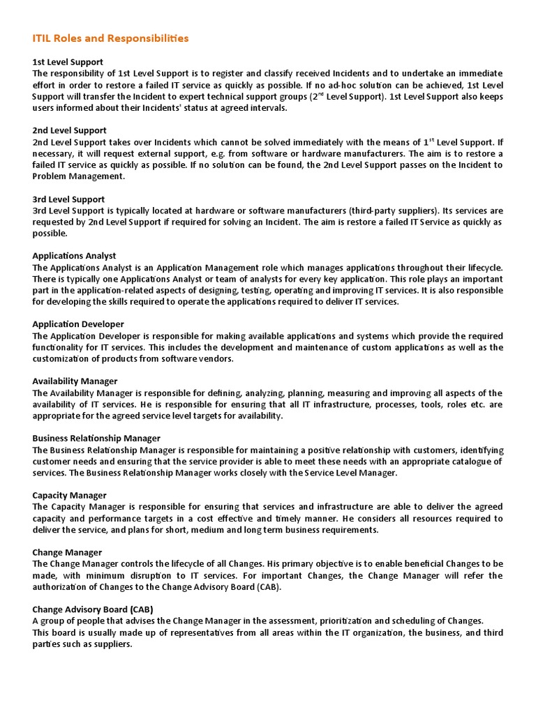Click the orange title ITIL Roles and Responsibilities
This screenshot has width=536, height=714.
pos(110,38)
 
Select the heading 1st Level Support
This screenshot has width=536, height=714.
pos(68,62)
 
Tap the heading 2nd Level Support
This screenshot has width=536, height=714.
pos(69,130)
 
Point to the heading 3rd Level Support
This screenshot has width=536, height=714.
pos(68,199)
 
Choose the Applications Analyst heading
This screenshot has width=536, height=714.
pos(74,256)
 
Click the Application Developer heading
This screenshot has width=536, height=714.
pos(78,324)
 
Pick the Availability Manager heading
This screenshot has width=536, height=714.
pos(75,381)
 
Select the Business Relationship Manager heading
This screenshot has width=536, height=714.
pos(96,439)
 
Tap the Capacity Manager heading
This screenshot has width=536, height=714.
pos(69,496)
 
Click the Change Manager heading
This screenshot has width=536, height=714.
pos(67,553)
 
